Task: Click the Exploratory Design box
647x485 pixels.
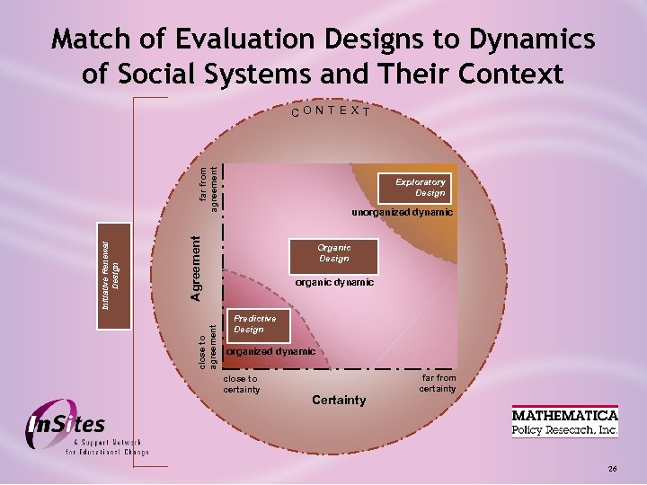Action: [420, 187]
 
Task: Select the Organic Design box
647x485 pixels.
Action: [333, 253]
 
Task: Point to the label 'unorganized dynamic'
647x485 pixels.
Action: [402, 214]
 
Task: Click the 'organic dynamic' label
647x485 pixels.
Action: [335, 283]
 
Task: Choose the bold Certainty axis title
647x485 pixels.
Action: [339, 400]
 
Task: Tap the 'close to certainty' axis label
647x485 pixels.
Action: [241, 384]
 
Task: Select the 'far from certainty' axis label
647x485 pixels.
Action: [438, 384]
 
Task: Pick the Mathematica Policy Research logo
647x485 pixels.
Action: [565, 421]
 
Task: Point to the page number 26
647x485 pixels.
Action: [612, 469]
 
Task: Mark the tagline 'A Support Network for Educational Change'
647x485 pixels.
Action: [107, 447]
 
